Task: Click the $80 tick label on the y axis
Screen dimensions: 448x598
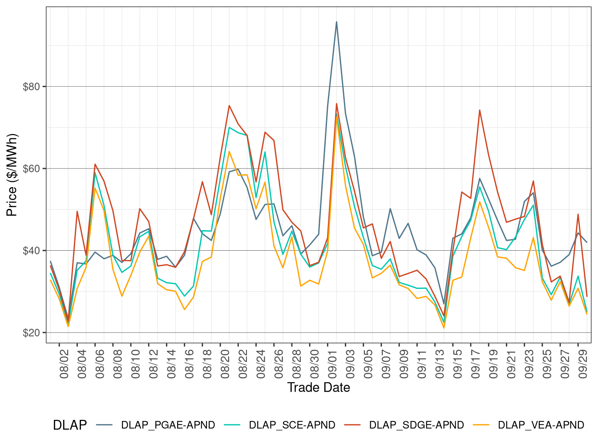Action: [x=31, y=86]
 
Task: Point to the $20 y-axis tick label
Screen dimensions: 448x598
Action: [x=31, y=333]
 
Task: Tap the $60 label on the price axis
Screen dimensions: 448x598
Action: [x=31, y=168]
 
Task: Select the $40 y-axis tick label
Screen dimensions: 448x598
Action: [x=31, y=251]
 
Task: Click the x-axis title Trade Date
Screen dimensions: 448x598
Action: [x=318, y=388]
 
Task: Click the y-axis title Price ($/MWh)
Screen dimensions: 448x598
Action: [x=12, y=175]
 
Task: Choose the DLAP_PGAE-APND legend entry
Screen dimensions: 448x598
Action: [x=168, y=425]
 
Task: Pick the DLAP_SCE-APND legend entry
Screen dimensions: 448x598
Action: [x=292, y=425]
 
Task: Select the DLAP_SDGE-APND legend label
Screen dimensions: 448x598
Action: [x=416, y=425]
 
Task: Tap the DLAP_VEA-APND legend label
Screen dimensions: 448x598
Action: [x=541, y=425]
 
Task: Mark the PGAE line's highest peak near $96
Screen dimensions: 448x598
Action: [x=336, y=22]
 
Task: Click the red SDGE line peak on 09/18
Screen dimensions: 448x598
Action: [x=480, y=110]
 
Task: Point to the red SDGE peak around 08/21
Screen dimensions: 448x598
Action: [x=229, y=105]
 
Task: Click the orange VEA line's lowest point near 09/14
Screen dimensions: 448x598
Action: [x=444, y=328]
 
